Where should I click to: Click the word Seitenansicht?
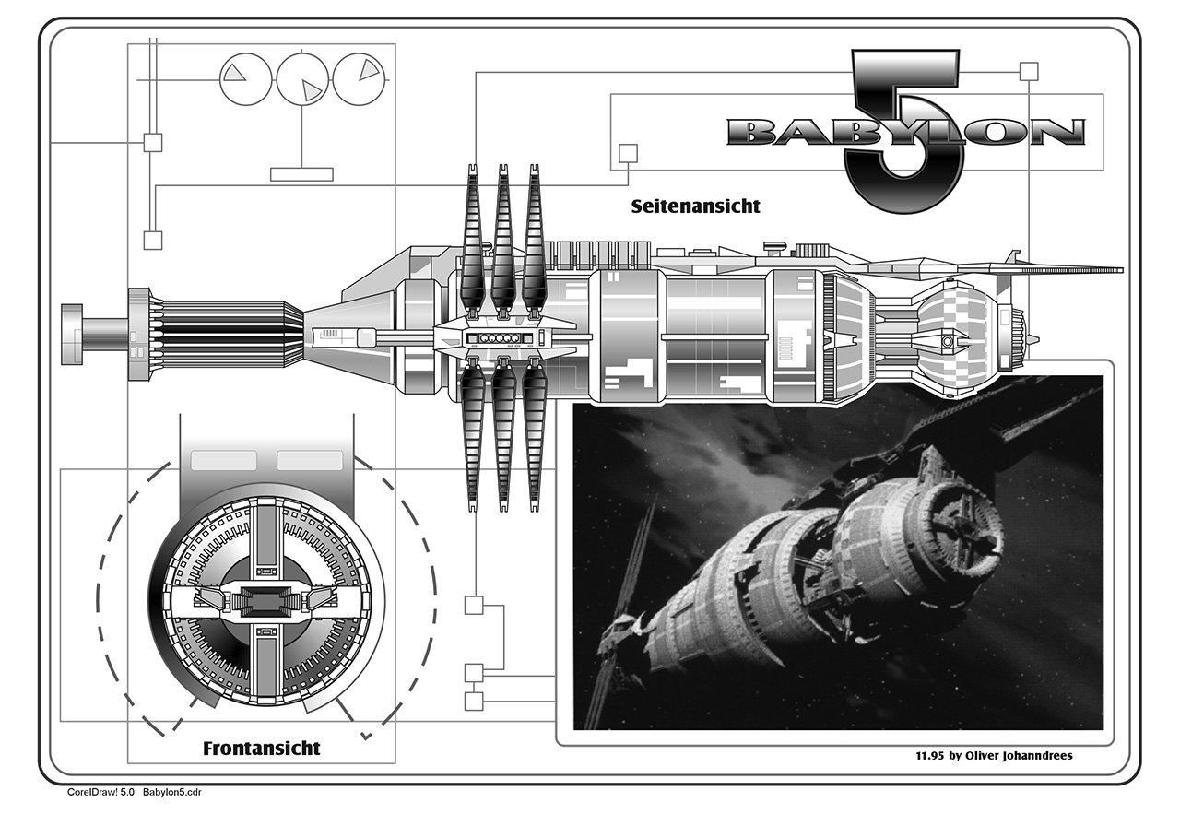(x=695, y=206)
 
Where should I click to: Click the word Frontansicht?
(x=262, y=748)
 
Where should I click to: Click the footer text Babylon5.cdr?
(x=172, y=792)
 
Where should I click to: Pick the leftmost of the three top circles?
(x=244, y=78)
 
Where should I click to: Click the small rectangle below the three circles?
(x=301, y=173)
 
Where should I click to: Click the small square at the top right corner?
(x=1029, y=70)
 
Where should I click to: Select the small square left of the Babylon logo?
(x=628, y=152)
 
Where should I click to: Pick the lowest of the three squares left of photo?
(x=474, y=701)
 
